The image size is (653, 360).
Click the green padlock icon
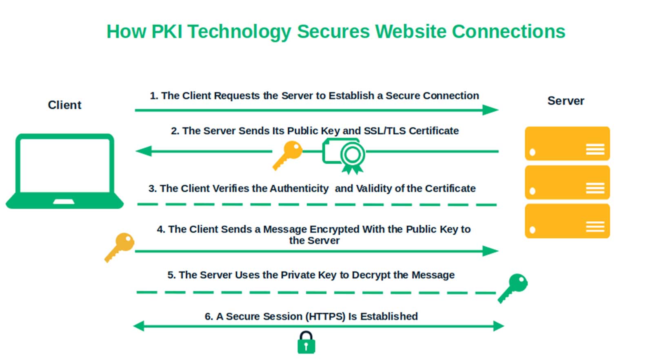(306, 342)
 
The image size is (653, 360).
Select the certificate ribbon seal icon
(352, 156)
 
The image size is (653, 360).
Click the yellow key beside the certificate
(288, 154)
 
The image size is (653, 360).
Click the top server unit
(567, 144)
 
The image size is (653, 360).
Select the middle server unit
(567, 182)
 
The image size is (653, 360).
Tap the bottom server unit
(567, 221)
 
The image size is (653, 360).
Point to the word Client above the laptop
(64, 105)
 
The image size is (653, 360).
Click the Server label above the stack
(566, 101)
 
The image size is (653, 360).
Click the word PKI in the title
(167, 31)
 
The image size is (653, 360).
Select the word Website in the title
(411, 31)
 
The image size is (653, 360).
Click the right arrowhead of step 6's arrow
(498, 326)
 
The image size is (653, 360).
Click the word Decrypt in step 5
(371, 275)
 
